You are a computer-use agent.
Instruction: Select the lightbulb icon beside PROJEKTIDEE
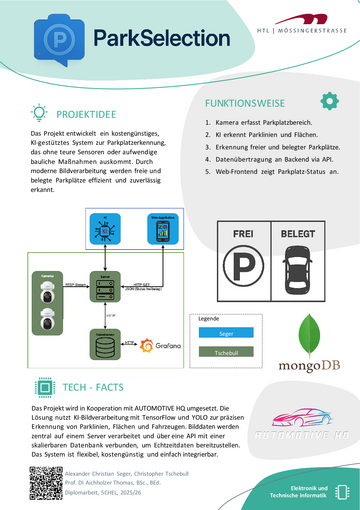click(40, 113)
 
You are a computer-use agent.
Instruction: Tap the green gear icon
click(329, 101)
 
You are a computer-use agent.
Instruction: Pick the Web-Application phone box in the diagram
click(164, 228)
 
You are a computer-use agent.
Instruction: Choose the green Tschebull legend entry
click(226, 352)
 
